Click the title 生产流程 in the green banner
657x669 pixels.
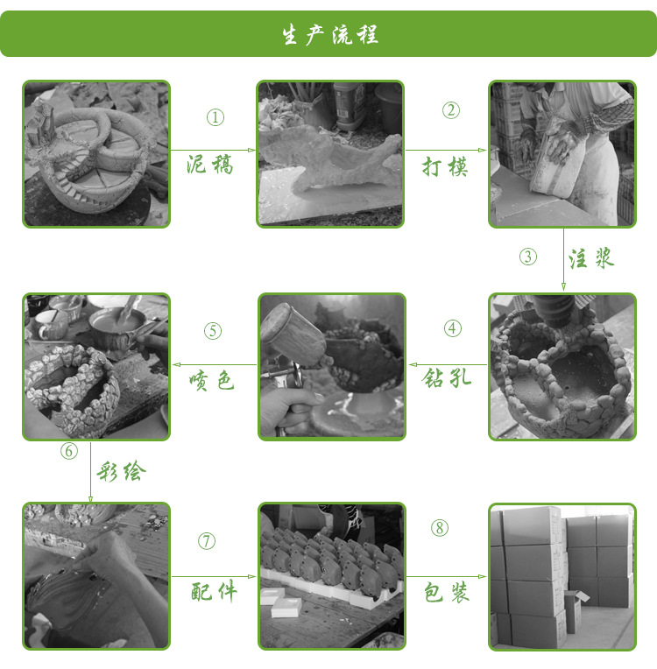pos(329,34)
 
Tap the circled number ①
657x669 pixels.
pos(215,117)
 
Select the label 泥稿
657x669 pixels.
pos(209,165)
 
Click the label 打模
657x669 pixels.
pos(445,166)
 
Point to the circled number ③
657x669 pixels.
pos(528,257)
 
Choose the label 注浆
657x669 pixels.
pos(591,258)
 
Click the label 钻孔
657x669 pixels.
pos(447,377)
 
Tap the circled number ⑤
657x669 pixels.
pos(213,331)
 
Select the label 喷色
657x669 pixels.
pos(211,380)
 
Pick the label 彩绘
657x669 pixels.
pos(121,471)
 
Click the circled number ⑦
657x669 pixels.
pos(207,541)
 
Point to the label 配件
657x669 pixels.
pos(214,592)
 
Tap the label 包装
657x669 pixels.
pos(447,592)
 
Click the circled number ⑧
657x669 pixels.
pos(439,528)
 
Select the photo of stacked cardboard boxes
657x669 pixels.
pos(562,577)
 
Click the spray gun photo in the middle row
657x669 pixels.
pos(332,367)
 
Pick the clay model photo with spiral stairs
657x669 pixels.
pos(96,153)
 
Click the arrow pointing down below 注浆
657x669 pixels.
pos(563,259)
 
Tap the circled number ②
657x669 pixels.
pos(451,110)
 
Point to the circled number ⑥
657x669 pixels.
pos(69,451)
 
